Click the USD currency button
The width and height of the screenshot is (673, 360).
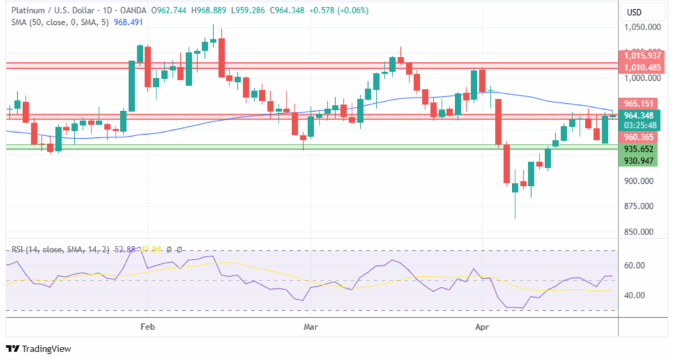634,12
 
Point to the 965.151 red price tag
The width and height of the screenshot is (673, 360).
639,103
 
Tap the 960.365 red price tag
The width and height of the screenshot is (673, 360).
639,137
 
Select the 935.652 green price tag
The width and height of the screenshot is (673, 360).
639,148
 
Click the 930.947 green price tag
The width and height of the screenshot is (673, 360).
639,160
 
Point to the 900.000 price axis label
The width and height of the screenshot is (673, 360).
641,181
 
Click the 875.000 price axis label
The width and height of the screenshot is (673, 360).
641,207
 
